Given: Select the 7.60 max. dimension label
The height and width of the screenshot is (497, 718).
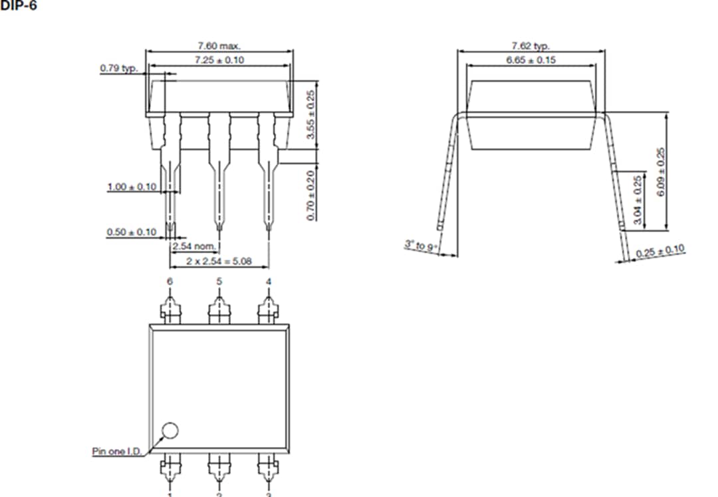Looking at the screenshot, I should click(x=219, y=46).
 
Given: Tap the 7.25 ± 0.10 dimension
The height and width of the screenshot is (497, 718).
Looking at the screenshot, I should click(x=219, y=60).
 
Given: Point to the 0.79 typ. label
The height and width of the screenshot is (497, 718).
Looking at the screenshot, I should click(x=118, y=68).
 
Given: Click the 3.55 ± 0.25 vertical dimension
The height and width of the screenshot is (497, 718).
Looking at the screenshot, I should click(x=310, y=114).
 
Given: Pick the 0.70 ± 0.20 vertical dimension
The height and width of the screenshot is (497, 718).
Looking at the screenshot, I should click(x=310, y=195).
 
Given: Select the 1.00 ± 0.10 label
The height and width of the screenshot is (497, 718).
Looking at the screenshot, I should click(x=132, y=187).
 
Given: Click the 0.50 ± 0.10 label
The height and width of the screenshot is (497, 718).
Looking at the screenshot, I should click(x=131, y=232).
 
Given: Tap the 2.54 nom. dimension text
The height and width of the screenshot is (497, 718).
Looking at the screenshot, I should click(x=193, y=247).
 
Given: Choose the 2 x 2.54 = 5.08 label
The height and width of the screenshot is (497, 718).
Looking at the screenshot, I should click(x=218, y=260).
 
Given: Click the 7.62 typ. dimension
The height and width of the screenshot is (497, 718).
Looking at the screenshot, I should click(x=530, y=46).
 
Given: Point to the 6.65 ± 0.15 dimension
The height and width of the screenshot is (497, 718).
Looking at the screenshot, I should click(x=530, y=60).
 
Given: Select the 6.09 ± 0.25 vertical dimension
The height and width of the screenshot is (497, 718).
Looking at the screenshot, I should click(x=660, y=171).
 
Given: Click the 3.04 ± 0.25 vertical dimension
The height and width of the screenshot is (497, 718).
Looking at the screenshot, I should click(x=638, y=200).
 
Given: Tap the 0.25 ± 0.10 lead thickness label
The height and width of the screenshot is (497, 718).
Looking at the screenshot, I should click(x=660, y=252).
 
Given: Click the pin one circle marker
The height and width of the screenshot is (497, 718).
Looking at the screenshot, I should click(x=171, y=430).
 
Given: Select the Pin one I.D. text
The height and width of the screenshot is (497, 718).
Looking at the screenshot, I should click(x=116, y=451).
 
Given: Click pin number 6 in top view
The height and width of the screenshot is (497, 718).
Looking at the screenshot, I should click(x=170, y=282).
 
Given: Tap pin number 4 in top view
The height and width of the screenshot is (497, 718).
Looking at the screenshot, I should click(x=269, y=282).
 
